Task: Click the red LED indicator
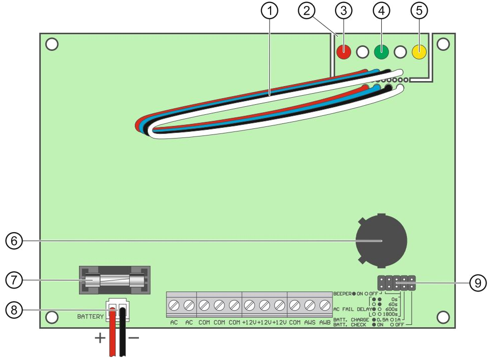(344, 52)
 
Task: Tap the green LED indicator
(381, 52)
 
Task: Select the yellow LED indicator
(419, 52)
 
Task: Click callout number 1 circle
(269, 11)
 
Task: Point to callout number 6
(14, 241)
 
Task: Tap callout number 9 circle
(478, 283)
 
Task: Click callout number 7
(14, 279)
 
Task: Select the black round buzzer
(381, 241)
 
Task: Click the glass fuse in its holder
(115, 280)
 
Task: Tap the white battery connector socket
(117, 310)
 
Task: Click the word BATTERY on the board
(90, 317)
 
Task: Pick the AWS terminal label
(310, 322)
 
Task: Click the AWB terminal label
(324, 322)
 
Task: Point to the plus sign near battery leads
(100, 338)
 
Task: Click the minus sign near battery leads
(134, 337)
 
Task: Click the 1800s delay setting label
(390, 314)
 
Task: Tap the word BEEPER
(342, 294)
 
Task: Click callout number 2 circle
(306, 11)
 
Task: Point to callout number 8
(14, 310)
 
